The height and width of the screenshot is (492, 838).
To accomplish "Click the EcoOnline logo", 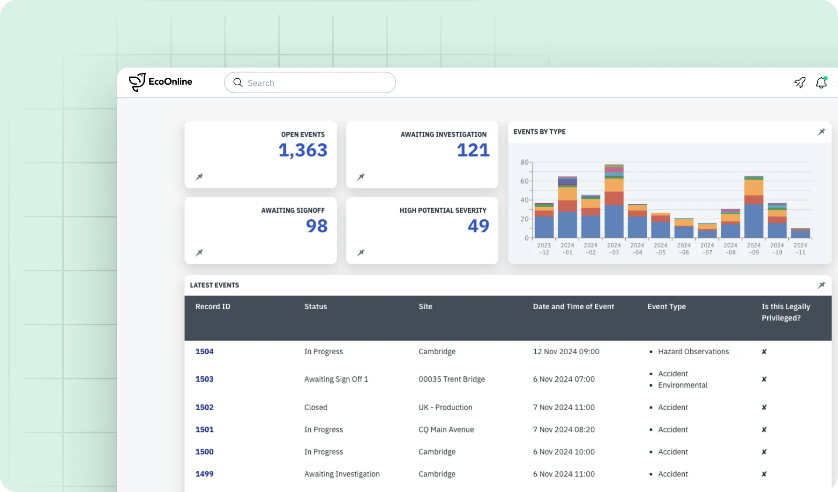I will pos(161,82).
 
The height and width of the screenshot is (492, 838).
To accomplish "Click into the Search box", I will pos(310,83).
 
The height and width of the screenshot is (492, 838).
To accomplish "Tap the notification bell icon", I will pos(821,83).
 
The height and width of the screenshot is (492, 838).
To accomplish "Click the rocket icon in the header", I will pos(800,83).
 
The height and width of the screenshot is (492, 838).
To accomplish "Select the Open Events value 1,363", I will pos(303,150).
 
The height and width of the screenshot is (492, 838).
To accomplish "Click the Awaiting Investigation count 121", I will pos(473,150).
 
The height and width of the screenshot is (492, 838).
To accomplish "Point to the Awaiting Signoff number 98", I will pos(317,226).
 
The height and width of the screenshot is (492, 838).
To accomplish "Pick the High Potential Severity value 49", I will pos(478,226).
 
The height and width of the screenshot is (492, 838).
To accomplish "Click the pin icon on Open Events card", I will pos(199,177).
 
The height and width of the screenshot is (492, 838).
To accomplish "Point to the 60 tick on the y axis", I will pos(524,181).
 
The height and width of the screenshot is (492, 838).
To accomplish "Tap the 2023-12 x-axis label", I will pos(544,249).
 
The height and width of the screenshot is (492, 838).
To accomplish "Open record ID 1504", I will pos(204,351).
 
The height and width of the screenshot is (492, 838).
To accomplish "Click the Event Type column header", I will pos(666,306).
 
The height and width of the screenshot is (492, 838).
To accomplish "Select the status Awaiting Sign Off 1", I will pos(336,379).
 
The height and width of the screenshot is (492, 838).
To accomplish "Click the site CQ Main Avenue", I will pos(446,430).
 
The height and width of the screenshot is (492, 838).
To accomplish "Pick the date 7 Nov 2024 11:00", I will pos(564,408).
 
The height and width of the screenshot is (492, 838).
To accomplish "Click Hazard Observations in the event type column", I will pos(693,351).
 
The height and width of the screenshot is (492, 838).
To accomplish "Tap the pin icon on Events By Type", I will pos(821,132).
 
